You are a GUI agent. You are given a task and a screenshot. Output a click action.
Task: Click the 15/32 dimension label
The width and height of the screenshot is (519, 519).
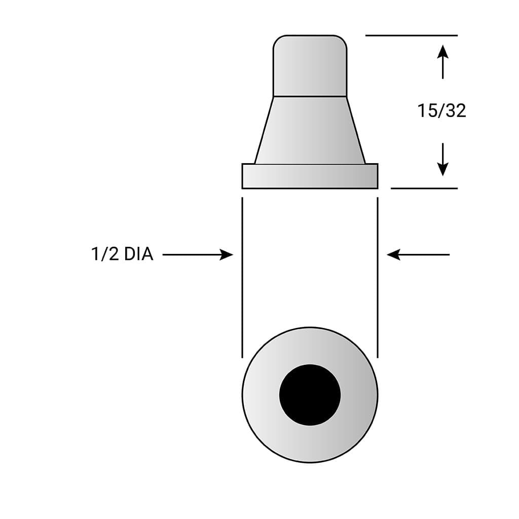tap(441, 110)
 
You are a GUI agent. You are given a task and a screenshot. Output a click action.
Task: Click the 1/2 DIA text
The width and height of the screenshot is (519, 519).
tap(122, 254)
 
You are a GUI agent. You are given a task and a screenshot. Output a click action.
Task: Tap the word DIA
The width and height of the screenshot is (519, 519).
tap(139, 254)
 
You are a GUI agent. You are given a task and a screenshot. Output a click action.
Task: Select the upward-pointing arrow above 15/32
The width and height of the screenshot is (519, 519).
tap(442, 62)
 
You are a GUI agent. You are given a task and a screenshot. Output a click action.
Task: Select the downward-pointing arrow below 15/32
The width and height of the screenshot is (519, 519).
tap(442, 160)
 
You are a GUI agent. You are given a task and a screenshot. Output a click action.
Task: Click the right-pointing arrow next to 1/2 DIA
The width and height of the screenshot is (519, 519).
tap(198, 254)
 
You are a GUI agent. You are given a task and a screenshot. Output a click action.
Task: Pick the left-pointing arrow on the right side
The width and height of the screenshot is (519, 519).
tap(418, 254)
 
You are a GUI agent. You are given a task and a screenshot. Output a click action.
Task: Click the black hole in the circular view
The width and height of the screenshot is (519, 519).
tap(310, 395)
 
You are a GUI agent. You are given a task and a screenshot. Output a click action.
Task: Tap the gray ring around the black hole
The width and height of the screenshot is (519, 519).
tap(261, 395)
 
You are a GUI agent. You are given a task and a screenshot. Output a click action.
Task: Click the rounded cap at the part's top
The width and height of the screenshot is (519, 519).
tap(310, 65)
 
